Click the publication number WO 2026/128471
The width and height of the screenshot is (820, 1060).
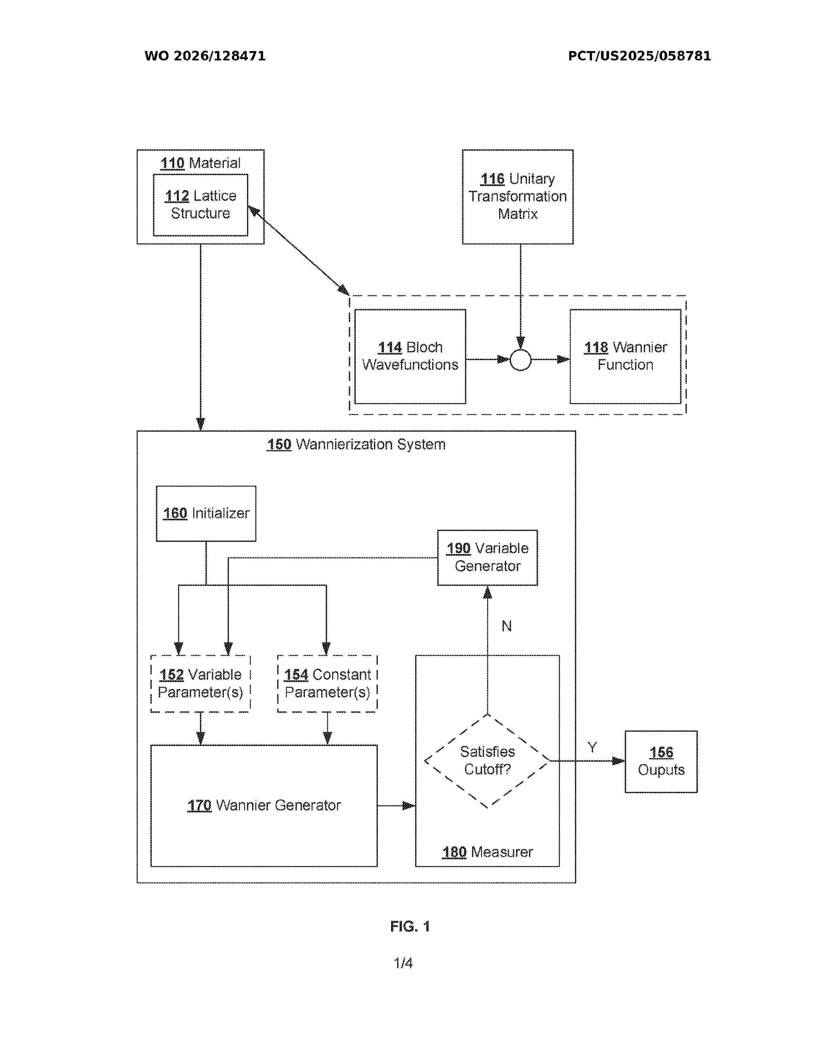tap(205, 56)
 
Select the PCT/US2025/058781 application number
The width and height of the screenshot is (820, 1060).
tap(639, 56)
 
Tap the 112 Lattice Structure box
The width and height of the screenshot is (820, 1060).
tap(201, 205)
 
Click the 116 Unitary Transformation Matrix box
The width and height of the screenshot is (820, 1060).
tap(517, 197)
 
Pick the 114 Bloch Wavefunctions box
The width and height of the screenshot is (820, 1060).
tap(410, 356)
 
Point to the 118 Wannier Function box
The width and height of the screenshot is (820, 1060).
tap(625, 356)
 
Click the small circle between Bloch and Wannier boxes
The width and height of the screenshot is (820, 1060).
tap(520, 360)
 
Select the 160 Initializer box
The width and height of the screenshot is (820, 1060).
tap(206, 514)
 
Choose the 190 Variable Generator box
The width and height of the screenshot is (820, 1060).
tap(487, 558)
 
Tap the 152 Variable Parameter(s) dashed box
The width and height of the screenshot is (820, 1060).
tap(201, 683)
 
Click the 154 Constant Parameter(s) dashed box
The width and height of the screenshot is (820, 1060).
tap(327, 683)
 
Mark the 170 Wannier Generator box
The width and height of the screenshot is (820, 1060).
tap(264, 806)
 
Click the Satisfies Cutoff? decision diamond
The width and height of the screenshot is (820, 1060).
tap(487, 761)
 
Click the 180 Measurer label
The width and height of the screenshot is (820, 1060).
tap(487, 852)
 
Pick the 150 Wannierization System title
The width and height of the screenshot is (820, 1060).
tap(356, 444)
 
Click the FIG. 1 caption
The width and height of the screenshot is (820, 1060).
tap(410, 926)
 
